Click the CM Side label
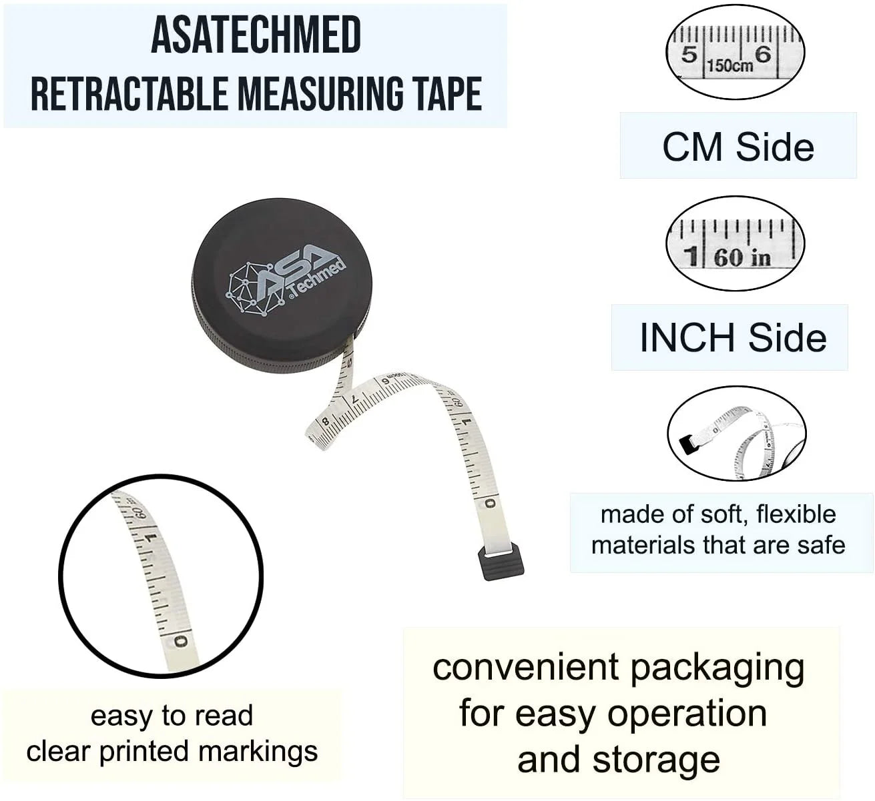[738, 147]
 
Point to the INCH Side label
[732, 337]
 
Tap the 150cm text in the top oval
[729, 65]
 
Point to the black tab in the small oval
[685, 444]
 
